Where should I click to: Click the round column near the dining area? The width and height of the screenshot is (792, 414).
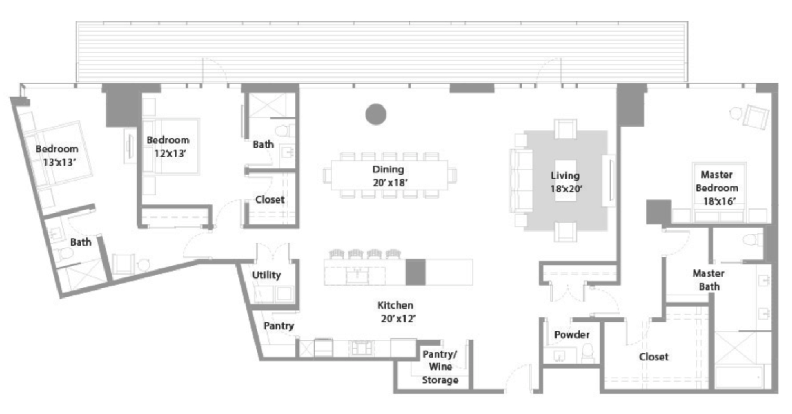pyautogui.click(x=376, y=114)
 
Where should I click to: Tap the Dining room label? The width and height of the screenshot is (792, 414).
pyautogui.click(x=388, y=170)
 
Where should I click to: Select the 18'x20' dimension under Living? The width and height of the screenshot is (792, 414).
pyautogui.click(x=566, y=189)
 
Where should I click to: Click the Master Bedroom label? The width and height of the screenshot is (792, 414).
pyautogui.click(x=716, y=181)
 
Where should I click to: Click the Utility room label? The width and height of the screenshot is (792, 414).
pyautogui.click(x=267, y=275)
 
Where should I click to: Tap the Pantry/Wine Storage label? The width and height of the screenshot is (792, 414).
pyautogui.click(x=440, y=367)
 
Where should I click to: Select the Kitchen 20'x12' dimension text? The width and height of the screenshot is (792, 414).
pyautogui.click(x=398, y=319)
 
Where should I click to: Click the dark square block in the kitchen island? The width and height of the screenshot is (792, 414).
pyautogui.click(x=415, y=272)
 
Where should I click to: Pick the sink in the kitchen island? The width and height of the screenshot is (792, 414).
pyautogui.click(x=357, y=275)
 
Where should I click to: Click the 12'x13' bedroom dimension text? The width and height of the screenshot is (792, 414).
pyautogui.click(x=170, y=153)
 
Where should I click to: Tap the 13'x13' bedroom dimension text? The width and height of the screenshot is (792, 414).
pyautogui.click(x=59, y=162)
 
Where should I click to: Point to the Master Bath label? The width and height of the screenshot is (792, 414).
pyautogui.click(x=709, y=280)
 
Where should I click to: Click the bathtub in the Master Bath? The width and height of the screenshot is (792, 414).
pyautogui.click(x=739, y=377)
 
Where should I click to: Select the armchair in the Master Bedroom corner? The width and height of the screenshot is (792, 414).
pyautogui.click(x=756, y=116)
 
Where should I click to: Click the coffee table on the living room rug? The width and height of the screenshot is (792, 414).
pyautogui.click(x=565, y=180)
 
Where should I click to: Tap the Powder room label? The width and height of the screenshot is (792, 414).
pyautogui.click(x=572, y=334)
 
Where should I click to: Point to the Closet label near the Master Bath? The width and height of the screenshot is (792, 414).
pyautogui.click(x=654, y=357)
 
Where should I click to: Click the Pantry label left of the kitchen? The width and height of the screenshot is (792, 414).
pyautogui.click(x=279, y=326)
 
